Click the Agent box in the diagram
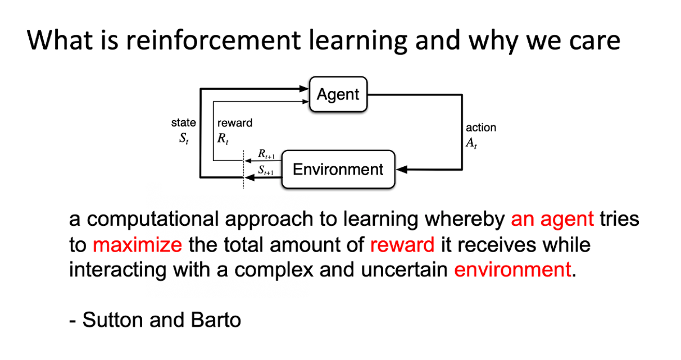(x=338, y=94)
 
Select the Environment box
(x=338, y=169)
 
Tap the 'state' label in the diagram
(x=183, y=123)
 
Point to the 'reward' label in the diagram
(x=235, y=123)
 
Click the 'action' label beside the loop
(x=481, y=127)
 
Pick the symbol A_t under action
(x=471, y=143)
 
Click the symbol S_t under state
(x=184, y=139)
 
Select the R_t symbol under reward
(x=223, y=139)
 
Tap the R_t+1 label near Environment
(x=266, y=154)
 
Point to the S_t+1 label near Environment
(x=266, y=170)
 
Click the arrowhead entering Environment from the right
(x=402, y=170)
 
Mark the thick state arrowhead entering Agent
(x=304, y=89)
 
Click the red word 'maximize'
(x=138, y=245)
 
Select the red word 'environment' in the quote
(x=512, y=270)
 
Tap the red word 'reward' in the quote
(x=402, y=245)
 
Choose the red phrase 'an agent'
(x=552, y=219)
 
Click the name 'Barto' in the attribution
(x=216, y=320)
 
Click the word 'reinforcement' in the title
(x=214, y=40)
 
